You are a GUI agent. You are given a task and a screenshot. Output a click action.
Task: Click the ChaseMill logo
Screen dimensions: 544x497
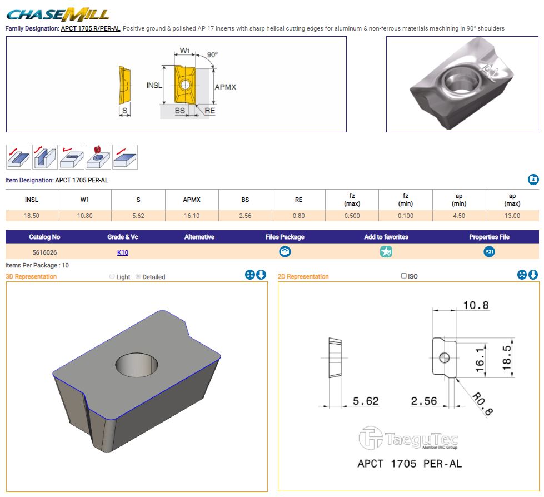58,14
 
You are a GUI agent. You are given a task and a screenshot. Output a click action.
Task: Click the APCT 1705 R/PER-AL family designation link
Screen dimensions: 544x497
91,28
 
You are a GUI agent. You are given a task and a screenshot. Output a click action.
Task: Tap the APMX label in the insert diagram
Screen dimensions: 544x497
225,87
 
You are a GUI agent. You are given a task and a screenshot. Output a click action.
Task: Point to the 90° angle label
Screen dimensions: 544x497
212,54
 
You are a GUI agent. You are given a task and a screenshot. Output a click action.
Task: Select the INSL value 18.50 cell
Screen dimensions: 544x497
32,216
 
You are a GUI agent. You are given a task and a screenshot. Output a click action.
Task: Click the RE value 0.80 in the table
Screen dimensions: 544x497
299,216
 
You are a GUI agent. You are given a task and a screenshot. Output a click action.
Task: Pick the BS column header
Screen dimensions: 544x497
245,200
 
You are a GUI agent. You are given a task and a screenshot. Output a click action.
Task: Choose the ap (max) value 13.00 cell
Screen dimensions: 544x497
512,216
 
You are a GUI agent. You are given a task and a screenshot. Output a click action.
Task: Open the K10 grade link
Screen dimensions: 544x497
123,252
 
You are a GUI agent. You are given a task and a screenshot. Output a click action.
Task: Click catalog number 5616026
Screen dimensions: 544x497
45,252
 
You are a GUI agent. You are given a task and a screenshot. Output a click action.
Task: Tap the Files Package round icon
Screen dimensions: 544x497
285,252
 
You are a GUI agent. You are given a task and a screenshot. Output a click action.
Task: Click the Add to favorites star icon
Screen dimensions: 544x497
386,252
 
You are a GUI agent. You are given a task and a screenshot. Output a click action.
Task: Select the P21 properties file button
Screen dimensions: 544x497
489,252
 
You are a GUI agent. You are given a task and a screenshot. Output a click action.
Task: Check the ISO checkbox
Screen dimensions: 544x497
404,276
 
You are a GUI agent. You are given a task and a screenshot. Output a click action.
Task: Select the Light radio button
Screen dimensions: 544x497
112,276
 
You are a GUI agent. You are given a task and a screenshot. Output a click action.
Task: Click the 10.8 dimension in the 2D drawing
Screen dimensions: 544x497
476,305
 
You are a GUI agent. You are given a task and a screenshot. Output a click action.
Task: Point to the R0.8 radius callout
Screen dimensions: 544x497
482,404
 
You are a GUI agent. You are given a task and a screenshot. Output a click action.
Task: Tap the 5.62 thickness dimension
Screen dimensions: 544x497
366,401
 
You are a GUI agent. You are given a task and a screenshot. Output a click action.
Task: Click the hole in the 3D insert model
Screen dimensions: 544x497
137,365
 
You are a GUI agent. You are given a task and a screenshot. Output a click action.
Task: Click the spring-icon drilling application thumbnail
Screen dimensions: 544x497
98,157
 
